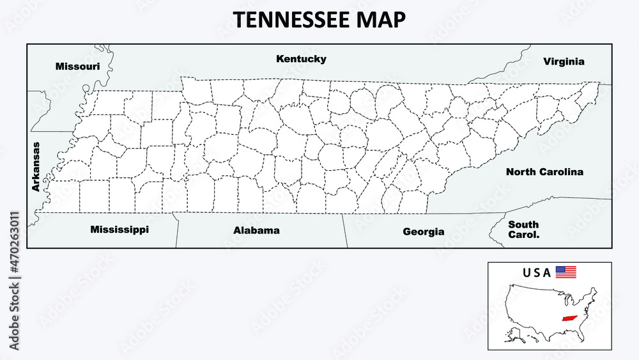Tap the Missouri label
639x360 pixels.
click(x=77, y=66)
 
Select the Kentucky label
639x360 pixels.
click(x=301, y=59)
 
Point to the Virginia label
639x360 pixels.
click(x=564, y=61)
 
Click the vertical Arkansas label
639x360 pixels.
click(x=36, y=166)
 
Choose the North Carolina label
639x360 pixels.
click(x=544, y=171)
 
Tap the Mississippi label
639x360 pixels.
click(x=119, y=229)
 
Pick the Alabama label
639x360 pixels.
click(x=256, y=230)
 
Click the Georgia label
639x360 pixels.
click(x=423, y=231)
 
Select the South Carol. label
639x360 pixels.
click(x=523, y=229)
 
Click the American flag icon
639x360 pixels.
click(x=566, y=272)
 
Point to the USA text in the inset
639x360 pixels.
click(x=537, y=272)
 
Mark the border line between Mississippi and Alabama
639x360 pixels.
click(x=176, y=230)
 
